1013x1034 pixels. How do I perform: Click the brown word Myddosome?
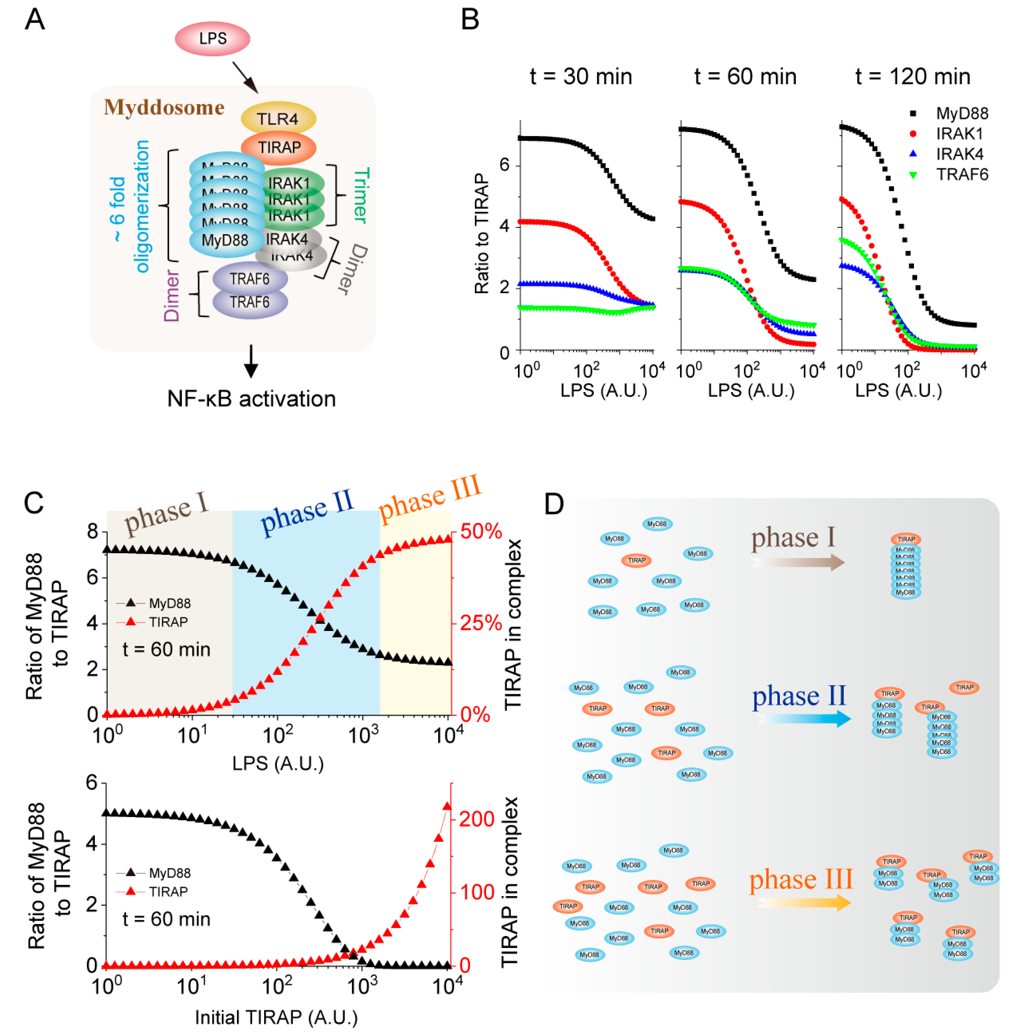(x=164, y=107)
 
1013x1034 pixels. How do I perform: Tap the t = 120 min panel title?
(x=912, y=77)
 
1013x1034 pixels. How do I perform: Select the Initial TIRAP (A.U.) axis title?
(x=276, y=1017)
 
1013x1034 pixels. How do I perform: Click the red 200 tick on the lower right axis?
(x=476, y=819)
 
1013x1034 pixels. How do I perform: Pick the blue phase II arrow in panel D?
(x=803, y=718)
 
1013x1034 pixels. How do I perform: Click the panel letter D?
(x=554, y=503)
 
